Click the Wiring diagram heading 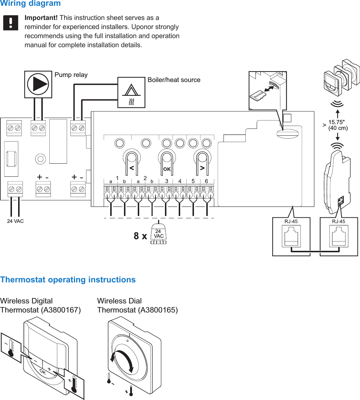tap(30, 4)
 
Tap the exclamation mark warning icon tap(11, 23)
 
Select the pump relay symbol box tap(38, 84)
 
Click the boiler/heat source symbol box tap(131, 92)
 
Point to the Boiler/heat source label tap(174, 80)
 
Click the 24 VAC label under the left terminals tap(15, 221)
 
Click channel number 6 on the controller tap(206, 181)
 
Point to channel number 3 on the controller tap(166, 181)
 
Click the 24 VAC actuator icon tap(158, 235)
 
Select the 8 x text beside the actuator tap(140, 236)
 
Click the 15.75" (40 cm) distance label tap(338, 125)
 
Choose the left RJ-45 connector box tap(291, 236)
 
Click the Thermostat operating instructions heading tap(68, 280)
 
